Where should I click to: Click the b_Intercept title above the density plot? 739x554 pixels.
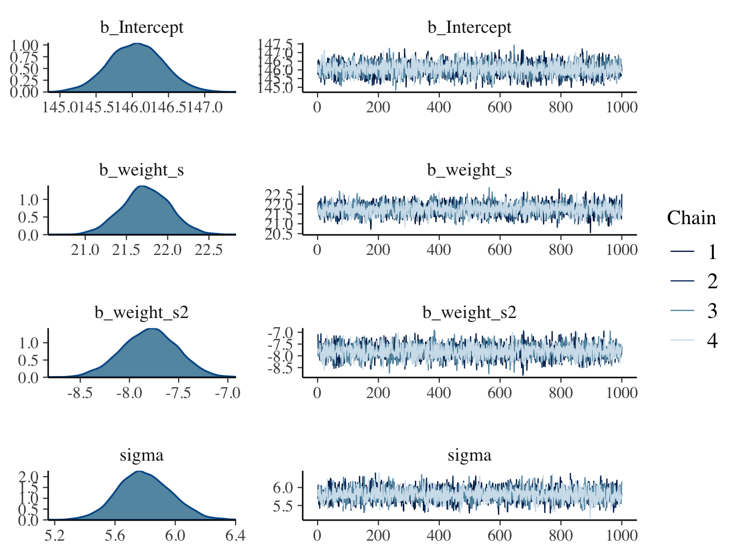click(142, 27)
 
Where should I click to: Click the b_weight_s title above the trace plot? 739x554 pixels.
click(469, 170)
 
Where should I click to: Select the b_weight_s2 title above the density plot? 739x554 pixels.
click(142, 312)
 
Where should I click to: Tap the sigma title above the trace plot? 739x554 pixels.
click(469, 455)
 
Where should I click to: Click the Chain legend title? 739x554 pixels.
click(691, 218)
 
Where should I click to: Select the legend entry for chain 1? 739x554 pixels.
click(693, 251)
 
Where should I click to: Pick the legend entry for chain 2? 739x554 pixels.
click(693, 281)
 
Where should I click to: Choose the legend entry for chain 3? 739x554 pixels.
click(693, 310)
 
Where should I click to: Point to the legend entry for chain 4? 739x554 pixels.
click(693, 340)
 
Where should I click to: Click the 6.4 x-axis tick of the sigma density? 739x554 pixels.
click(235, 536)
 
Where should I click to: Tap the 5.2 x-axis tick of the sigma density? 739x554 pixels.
click(54, 536)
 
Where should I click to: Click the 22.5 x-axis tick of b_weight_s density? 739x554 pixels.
click(210, 250)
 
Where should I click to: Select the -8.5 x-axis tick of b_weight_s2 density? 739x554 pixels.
click(80, 393)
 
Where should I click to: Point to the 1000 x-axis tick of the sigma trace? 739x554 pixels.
click(621, 536)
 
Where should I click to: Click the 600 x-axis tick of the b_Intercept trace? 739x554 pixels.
click(500, 107)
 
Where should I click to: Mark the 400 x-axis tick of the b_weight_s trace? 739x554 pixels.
click(439, 250)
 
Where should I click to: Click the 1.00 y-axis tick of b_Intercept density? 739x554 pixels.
click(24, 45)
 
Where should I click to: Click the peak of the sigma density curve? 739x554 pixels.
click(139, 471)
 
